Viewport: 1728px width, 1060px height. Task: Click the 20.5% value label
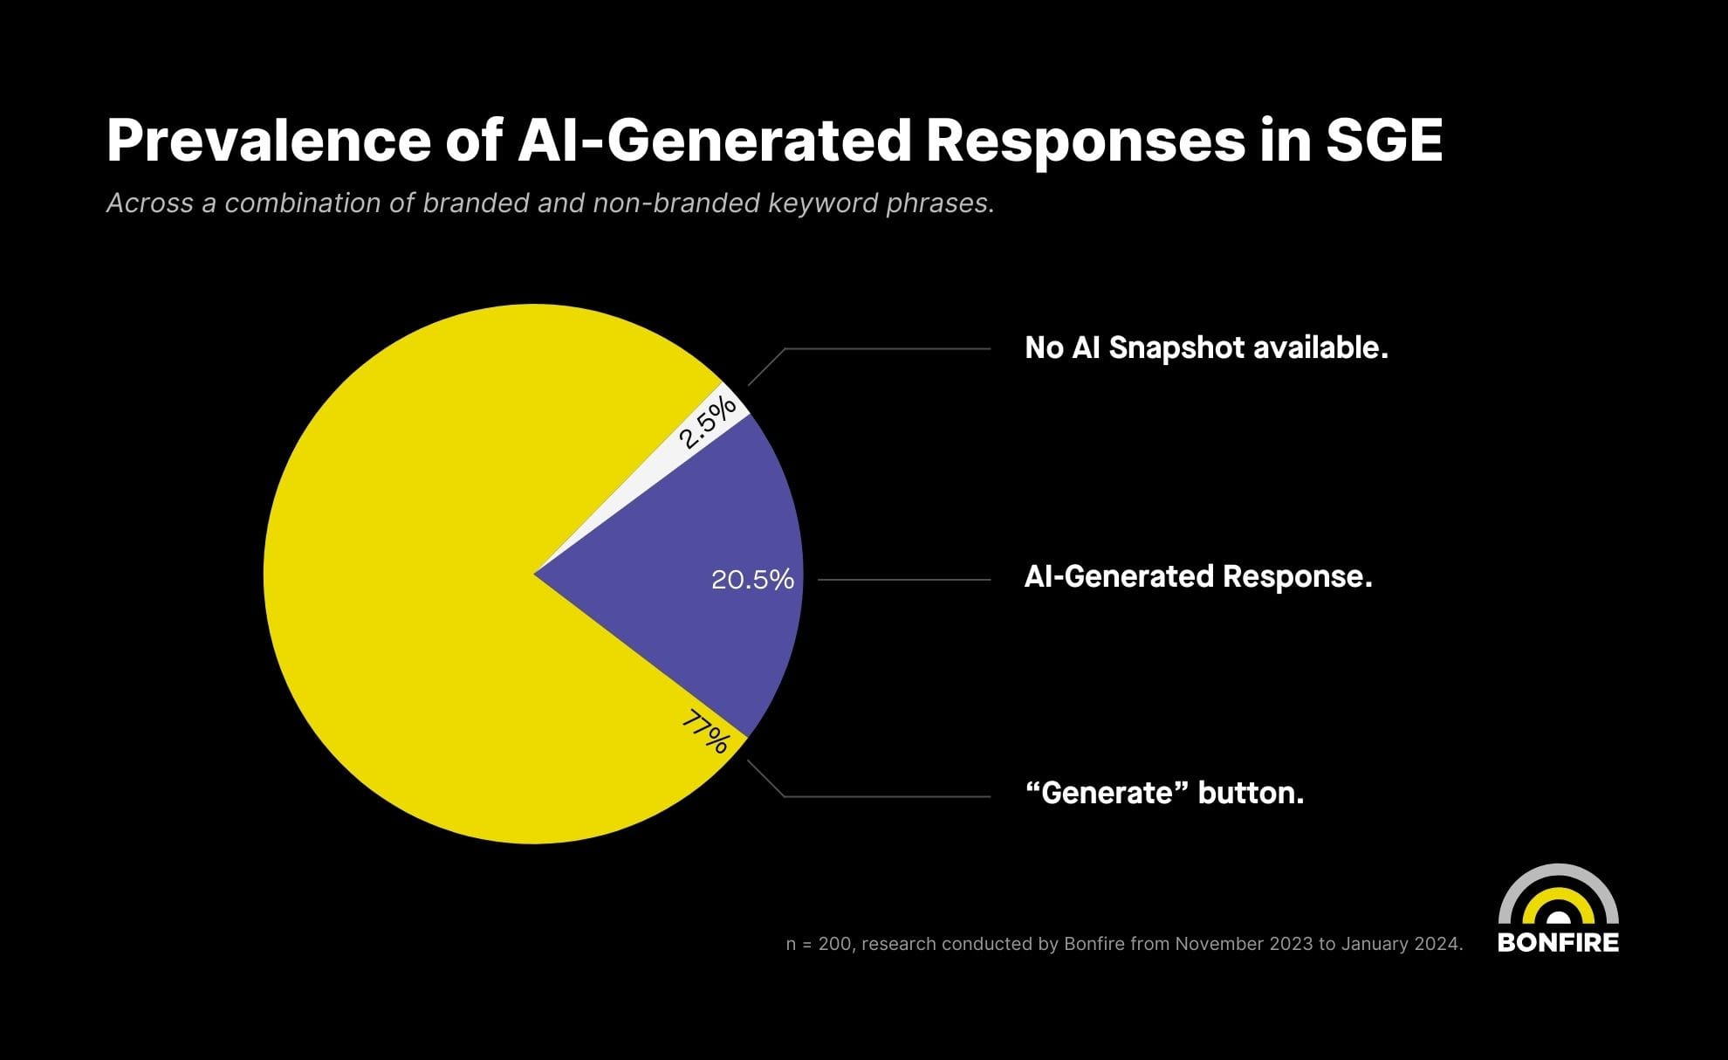click(752, 580)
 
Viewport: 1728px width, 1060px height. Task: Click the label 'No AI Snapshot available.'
click(1206, 348)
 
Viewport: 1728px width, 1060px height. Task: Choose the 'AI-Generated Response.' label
click(1197, 577)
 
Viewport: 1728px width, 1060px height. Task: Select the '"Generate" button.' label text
click(1164, 793)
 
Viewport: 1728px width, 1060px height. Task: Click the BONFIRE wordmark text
click(1558, 943)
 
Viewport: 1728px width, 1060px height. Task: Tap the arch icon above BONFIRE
click(1558, 895)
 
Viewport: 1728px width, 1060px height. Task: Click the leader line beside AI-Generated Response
click(903, 580)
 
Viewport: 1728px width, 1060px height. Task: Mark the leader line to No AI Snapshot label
click(886, 348)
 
